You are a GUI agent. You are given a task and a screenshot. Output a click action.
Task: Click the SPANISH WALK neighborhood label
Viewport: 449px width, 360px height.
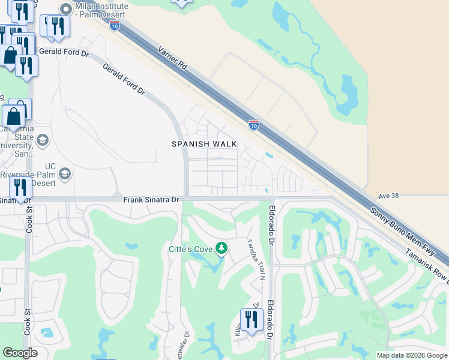204,144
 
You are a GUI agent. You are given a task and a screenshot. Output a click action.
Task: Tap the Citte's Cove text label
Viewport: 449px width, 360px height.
191,248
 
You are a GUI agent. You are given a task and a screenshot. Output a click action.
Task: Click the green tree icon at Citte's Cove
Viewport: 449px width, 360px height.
221,248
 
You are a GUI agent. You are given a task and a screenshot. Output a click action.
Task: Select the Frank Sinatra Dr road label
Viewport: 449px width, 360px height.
151,199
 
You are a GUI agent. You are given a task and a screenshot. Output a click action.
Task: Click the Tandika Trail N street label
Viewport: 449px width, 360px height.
255,260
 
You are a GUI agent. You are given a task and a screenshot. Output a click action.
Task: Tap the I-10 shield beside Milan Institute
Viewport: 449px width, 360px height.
115,25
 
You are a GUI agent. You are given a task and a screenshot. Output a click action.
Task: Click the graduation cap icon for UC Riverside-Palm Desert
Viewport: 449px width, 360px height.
65,174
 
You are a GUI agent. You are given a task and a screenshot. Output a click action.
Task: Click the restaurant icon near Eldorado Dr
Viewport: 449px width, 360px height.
251,319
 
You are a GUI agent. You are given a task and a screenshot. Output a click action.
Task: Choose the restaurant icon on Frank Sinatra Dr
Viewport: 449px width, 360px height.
22,188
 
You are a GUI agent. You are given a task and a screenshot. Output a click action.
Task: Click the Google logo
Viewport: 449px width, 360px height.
20,353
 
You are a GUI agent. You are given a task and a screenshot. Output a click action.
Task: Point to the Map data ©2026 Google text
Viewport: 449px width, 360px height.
411,355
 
